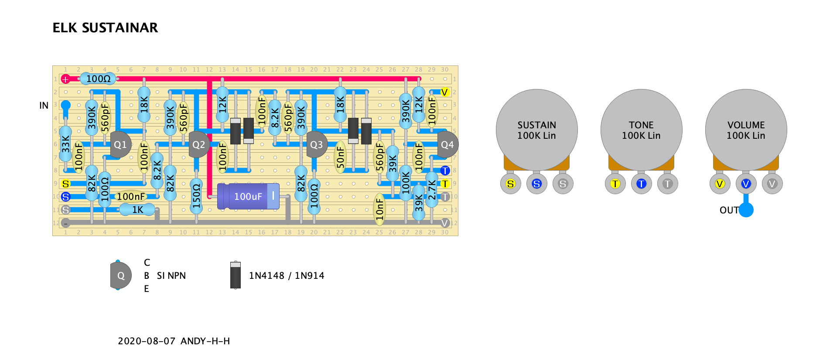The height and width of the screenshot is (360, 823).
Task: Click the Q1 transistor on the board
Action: pyautogui.click(x=120, y=144)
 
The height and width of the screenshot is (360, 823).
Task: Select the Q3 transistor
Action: pyautogui.click(x=316, y=144)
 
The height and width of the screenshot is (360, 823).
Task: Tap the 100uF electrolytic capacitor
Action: pyautogui.click(x=248, y=196)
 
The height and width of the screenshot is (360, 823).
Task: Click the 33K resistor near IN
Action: pyautogui.click(x=65, y=144)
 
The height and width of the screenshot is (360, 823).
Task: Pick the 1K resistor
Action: pyautogui.click(x=137, y=210)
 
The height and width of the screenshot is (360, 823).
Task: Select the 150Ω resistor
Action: pyautogui.click(x=196, y=196)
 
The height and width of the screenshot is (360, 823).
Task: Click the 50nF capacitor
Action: pyautogui.click(x=340, y=157)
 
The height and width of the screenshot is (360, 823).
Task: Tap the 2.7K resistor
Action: pyautogui.click(x=431, y=190)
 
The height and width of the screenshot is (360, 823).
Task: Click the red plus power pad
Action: pyautogui.click(x=65, y=79)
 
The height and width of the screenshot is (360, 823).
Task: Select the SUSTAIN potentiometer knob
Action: pyautogui.click(x=536, y=130)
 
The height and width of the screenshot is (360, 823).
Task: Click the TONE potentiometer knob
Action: pyautogui.click(x=641, y=130)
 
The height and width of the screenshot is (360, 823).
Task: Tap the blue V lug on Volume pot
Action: pyautogui.click(x=746, y=184)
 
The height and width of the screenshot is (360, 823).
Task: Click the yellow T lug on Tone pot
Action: pyautogui.click(x=615, y=184)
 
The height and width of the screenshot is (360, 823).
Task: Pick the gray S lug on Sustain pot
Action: pyautogui.click(x=563, y=184)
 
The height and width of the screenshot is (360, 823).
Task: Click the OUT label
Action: pyautogui.click(x=729, y=210)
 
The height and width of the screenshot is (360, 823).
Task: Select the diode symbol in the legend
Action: pyautogui.click(x=236, y=275)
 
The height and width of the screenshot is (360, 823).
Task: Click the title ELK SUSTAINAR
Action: pyautogui.click(x=105, y=28)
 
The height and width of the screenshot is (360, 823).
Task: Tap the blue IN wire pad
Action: pyautogui.click(x=65, y=105)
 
